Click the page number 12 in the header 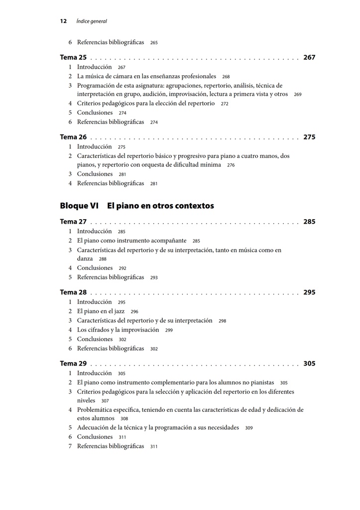tap(63, 21)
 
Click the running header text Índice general tap(92, 21)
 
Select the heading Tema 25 tap(73, 58)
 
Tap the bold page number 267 tap(309, 58)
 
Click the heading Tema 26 tap(73, 137)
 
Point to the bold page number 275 tap(309, 137)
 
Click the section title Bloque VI tap(79, 206)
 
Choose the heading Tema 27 tap(73, 222)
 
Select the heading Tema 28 tap(73, 293)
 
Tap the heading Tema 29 tap(73, 364)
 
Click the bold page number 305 tap(309, 364)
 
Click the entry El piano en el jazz tap(101, 311)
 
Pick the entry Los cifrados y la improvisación tap(118, 330)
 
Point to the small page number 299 tap(169, 330)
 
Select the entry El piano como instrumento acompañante tap(131, 241)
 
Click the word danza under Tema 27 tap(85, 259)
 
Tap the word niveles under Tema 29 tap(86, 400)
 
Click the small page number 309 tap(248, 428)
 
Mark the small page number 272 tap(225, 104)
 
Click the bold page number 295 tap(309, 293)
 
